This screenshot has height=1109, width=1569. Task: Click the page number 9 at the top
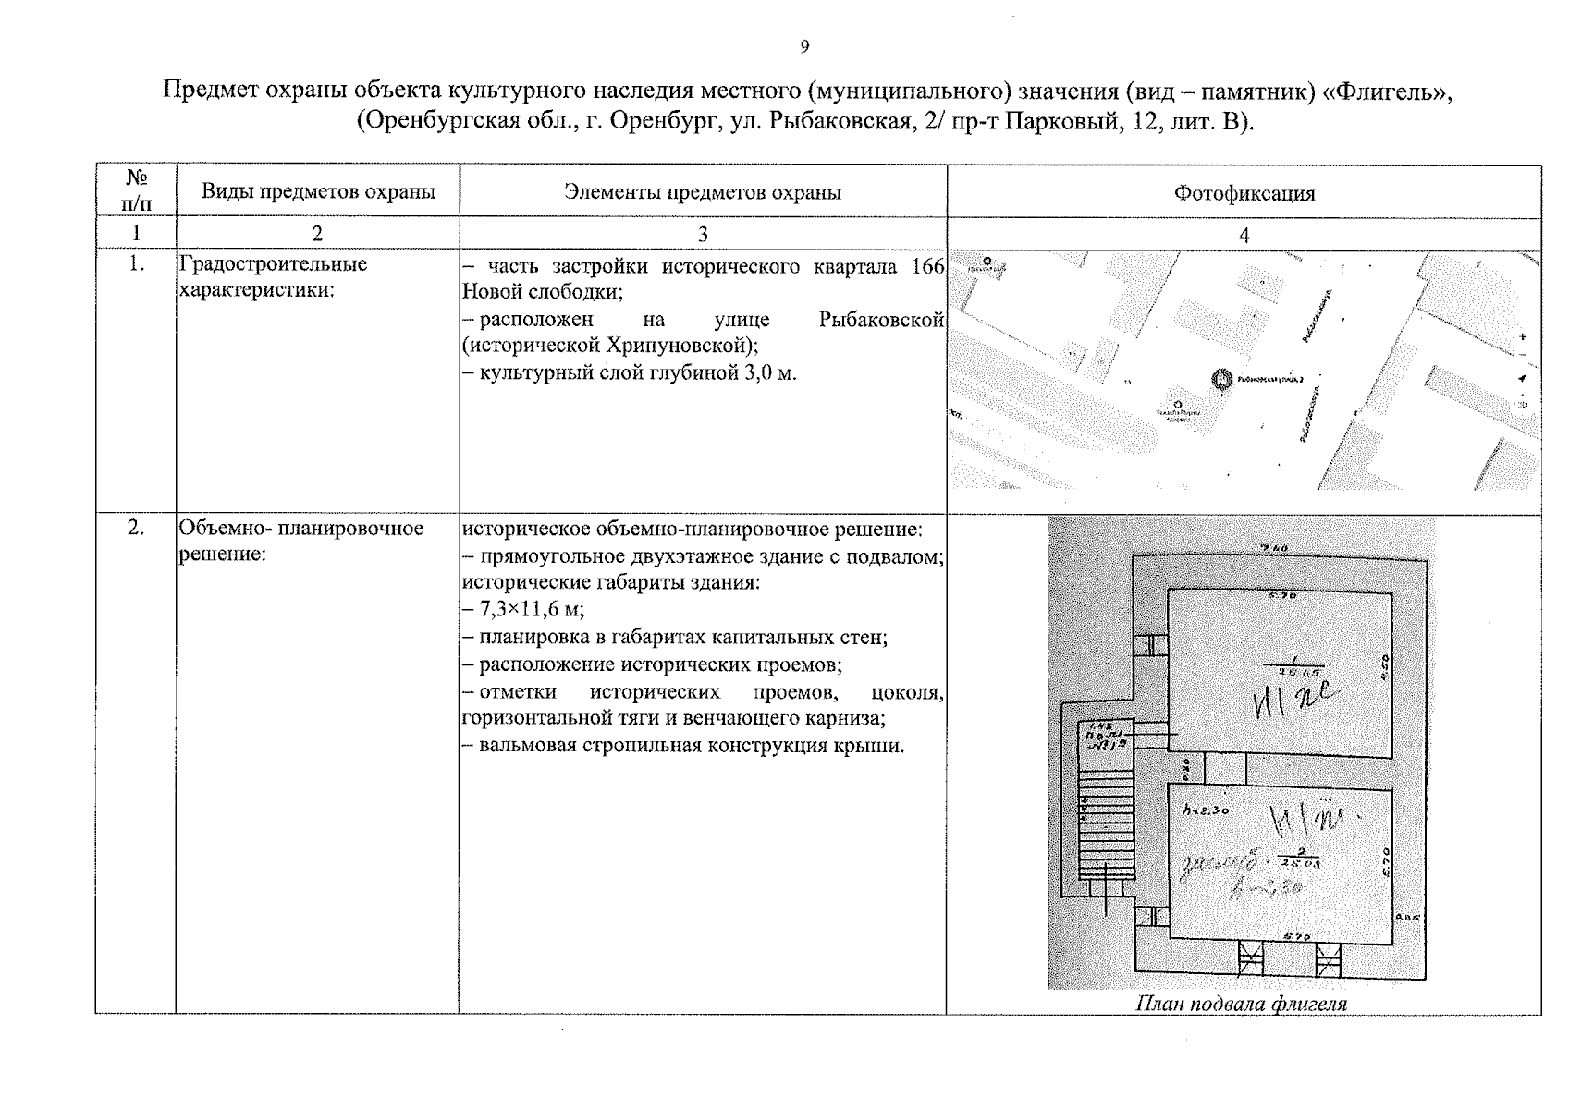(804, 47)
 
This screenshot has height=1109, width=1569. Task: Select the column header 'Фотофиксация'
(1244, 193)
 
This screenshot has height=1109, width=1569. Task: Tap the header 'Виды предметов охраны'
(318, 192)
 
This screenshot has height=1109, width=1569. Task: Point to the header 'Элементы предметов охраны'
(703, 192)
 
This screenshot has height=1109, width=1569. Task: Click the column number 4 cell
(1244, 235)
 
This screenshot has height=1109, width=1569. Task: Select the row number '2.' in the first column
(136, 528)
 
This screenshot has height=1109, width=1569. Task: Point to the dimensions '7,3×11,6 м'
(531, 610)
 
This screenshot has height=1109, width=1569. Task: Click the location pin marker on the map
(1222, 379)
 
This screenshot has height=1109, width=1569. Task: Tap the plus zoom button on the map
(1522, 337)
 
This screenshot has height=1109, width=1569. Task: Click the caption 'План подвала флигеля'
(1241, 1004)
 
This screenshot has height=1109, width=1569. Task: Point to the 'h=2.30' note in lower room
(1206, 810)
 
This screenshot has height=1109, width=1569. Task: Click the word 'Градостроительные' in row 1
(273, 264)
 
